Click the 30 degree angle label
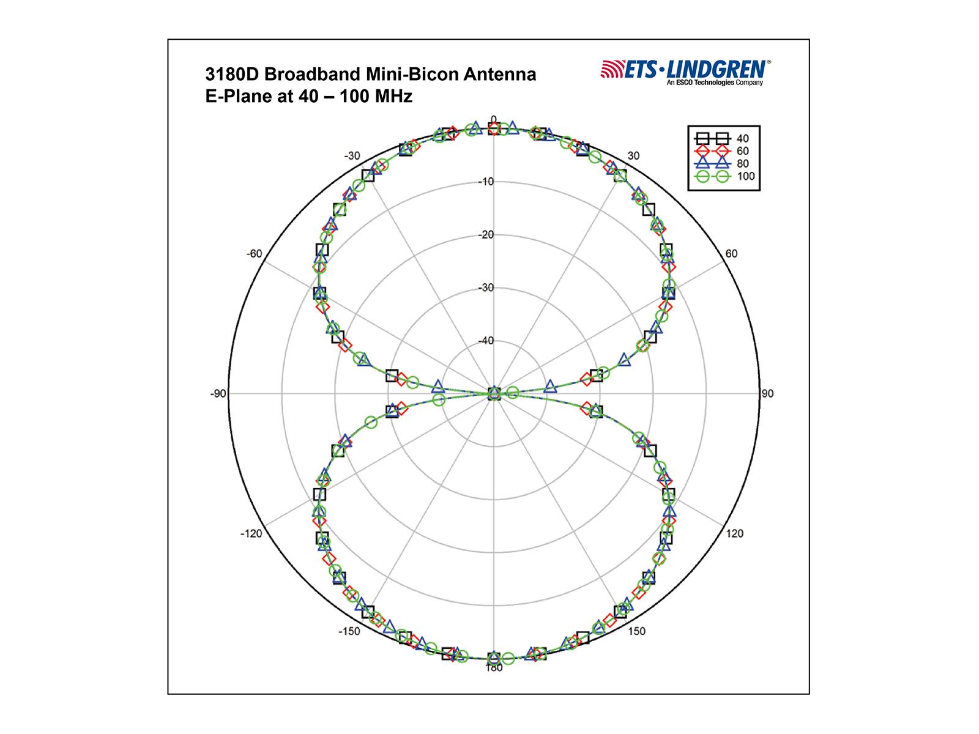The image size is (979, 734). tap(633, 155)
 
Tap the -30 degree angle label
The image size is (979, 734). tap(352, 156)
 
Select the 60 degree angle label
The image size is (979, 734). tap(731, 254)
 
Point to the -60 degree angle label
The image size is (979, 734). tap(254, 254)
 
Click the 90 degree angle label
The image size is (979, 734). tap(767, 393)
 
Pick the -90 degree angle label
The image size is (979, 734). tap(218, 394)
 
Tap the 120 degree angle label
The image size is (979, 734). tap(735, 533)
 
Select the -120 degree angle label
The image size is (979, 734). tap(251, 534)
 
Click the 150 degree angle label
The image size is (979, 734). tap(636, 631)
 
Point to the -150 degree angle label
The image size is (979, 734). tap(349, 631)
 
